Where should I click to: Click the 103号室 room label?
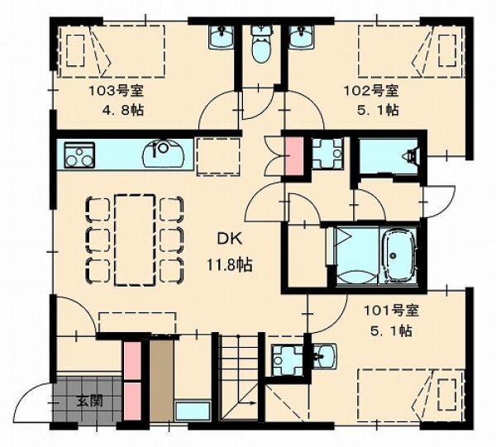click(x=116, y=92)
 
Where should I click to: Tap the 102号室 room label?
click(x=371, y=92)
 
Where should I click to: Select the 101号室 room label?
click(x=391, y=311)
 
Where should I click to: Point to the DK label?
click(x=230, y=240)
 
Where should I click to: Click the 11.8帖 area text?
click(x=230, y=265)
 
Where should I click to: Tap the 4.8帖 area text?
click(x=122, y=111)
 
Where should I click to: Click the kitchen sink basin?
click(x=163, y=154)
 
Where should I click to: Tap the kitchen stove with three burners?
click(x=79, y=155)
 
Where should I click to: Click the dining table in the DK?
click(x=135, y=240)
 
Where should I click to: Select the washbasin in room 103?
click(x=222, y=37)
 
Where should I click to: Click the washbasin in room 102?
click(x=302, y=37)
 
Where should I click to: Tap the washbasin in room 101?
click(x=324, y=356)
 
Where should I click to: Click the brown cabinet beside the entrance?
click(x=161, y=380)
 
